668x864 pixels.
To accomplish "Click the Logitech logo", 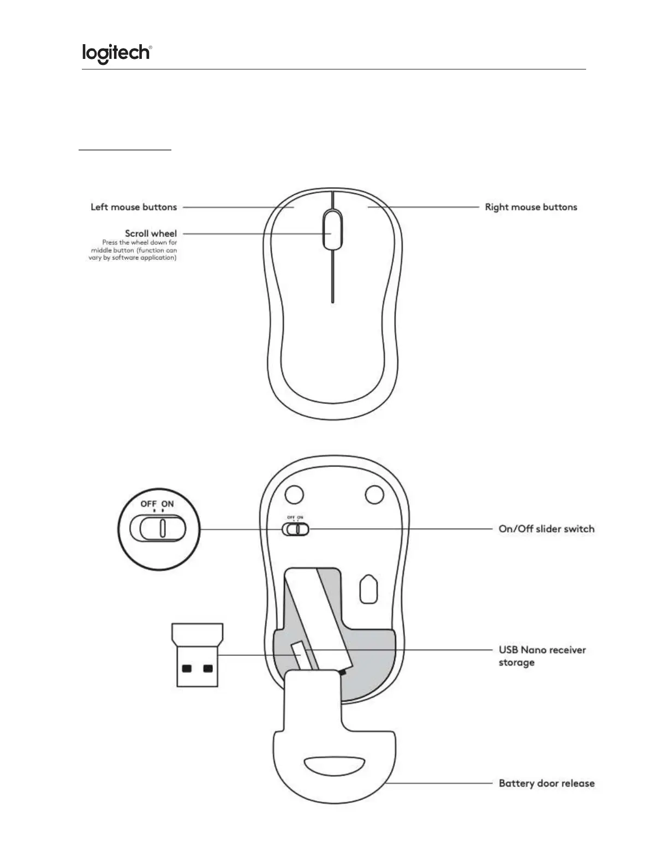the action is click(x=116, y=53).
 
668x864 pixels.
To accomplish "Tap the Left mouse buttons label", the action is click(x=134, y=207).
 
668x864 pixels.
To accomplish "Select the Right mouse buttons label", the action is click(x=530, y=207).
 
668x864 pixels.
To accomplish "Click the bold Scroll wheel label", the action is click(x=151, y=233).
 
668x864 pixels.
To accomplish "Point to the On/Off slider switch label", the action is click(x=546, y=529).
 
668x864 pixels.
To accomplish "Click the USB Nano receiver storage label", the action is click(x=542, y=656).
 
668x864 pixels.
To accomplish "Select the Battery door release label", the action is click(x=546, y=783).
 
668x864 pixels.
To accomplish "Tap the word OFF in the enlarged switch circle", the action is click(x=148, y=503).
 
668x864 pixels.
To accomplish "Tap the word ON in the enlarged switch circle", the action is click(x=168, y=503).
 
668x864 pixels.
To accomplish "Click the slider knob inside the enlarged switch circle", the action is click(x=163, y=528).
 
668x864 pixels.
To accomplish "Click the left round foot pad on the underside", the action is click(x=294, y=495).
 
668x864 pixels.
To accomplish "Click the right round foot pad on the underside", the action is click(x=374, y=495).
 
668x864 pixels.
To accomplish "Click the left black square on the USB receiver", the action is click(x=187, y=668).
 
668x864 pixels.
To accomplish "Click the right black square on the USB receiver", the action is click(x=207, y=668).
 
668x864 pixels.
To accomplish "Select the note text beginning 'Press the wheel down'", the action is click(x=133, y=250).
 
